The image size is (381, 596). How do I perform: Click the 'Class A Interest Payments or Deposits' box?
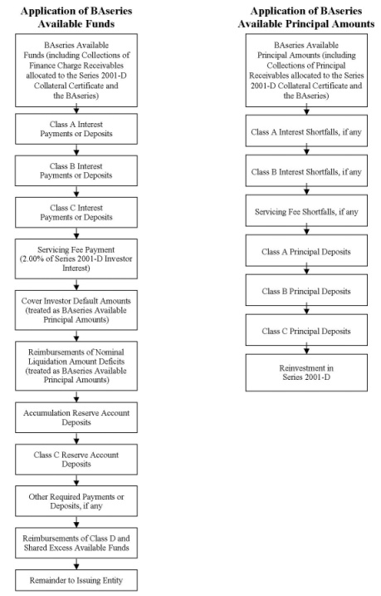76,129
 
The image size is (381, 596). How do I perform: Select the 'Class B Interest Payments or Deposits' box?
76,170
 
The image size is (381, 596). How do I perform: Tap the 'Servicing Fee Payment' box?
76,259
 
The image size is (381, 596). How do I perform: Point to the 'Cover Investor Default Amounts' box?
76,310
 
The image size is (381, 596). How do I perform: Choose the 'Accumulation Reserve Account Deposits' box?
76,417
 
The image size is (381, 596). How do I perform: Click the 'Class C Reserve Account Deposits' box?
76,459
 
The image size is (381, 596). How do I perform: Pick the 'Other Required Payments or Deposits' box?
76,501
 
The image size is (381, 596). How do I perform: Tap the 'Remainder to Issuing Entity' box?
76,580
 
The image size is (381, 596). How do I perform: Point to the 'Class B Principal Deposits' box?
306,290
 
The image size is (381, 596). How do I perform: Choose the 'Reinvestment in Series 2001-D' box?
306,372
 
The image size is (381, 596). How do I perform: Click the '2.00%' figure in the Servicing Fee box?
30,259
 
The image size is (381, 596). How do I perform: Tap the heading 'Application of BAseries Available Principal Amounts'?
306,17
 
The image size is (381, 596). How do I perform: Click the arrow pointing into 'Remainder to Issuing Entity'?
76,564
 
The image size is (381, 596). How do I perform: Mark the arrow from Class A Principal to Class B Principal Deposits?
306,270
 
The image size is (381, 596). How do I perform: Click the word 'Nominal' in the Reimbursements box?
110,352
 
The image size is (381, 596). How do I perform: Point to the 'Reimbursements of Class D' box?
76,543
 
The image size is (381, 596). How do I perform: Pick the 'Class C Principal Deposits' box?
306,330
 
